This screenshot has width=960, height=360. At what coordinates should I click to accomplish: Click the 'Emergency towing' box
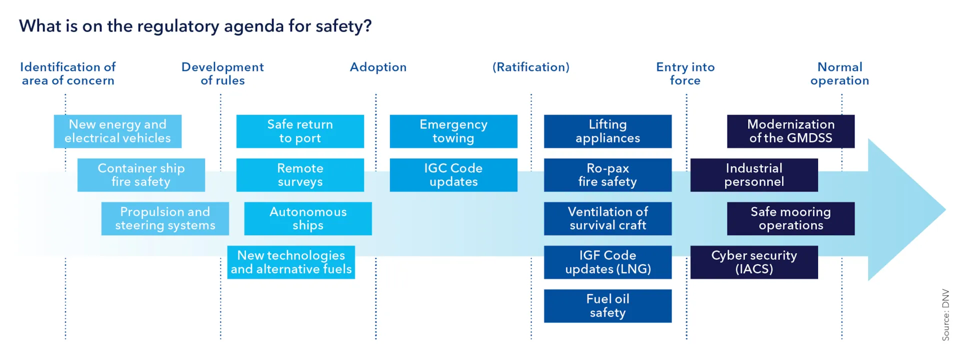coord(453,131)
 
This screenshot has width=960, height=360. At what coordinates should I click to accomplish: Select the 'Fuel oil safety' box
coord(607,306)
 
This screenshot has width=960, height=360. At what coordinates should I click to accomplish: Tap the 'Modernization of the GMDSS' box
coord(790,131)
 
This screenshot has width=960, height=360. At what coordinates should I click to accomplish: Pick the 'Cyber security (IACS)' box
coord(754,262)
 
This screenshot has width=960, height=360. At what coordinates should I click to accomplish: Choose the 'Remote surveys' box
coord(300,175)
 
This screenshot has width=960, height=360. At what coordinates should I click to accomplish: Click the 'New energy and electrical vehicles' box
coord(117,131)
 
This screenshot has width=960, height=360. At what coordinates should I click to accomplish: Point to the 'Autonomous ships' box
coord(308,218)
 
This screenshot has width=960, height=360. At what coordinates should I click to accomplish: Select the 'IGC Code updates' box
coord(453,175)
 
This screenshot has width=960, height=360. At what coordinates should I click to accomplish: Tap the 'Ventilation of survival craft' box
coord(607,218)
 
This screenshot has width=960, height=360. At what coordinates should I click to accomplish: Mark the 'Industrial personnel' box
coord(754,175)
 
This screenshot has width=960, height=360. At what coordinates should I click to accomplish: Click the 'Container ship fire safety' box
coord(141,175)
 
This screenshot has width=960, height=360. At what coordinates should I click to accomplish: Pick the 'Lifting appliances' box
coord(607,131)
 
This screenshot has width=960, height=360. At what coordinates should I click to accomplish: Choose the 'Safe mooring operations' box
coord(790,218)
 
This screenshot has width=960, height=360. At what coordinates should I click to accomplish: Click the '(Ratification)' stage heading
coord(531,67)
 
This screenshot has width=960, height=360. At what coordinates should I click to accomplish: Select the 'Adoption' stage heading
coord(378,67)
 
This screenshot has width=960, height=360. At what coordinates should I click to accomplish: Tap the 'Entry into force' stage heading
coord(685,73)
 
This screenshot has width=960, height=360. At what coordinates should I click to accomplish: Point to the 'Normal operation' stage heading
coord(840,73)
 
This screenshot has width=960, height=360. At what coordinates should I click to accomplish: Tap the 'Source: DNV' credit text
coord(945,315)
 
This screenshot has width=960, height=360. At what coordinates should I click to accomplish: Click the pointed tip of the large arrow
coord(945,209)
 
